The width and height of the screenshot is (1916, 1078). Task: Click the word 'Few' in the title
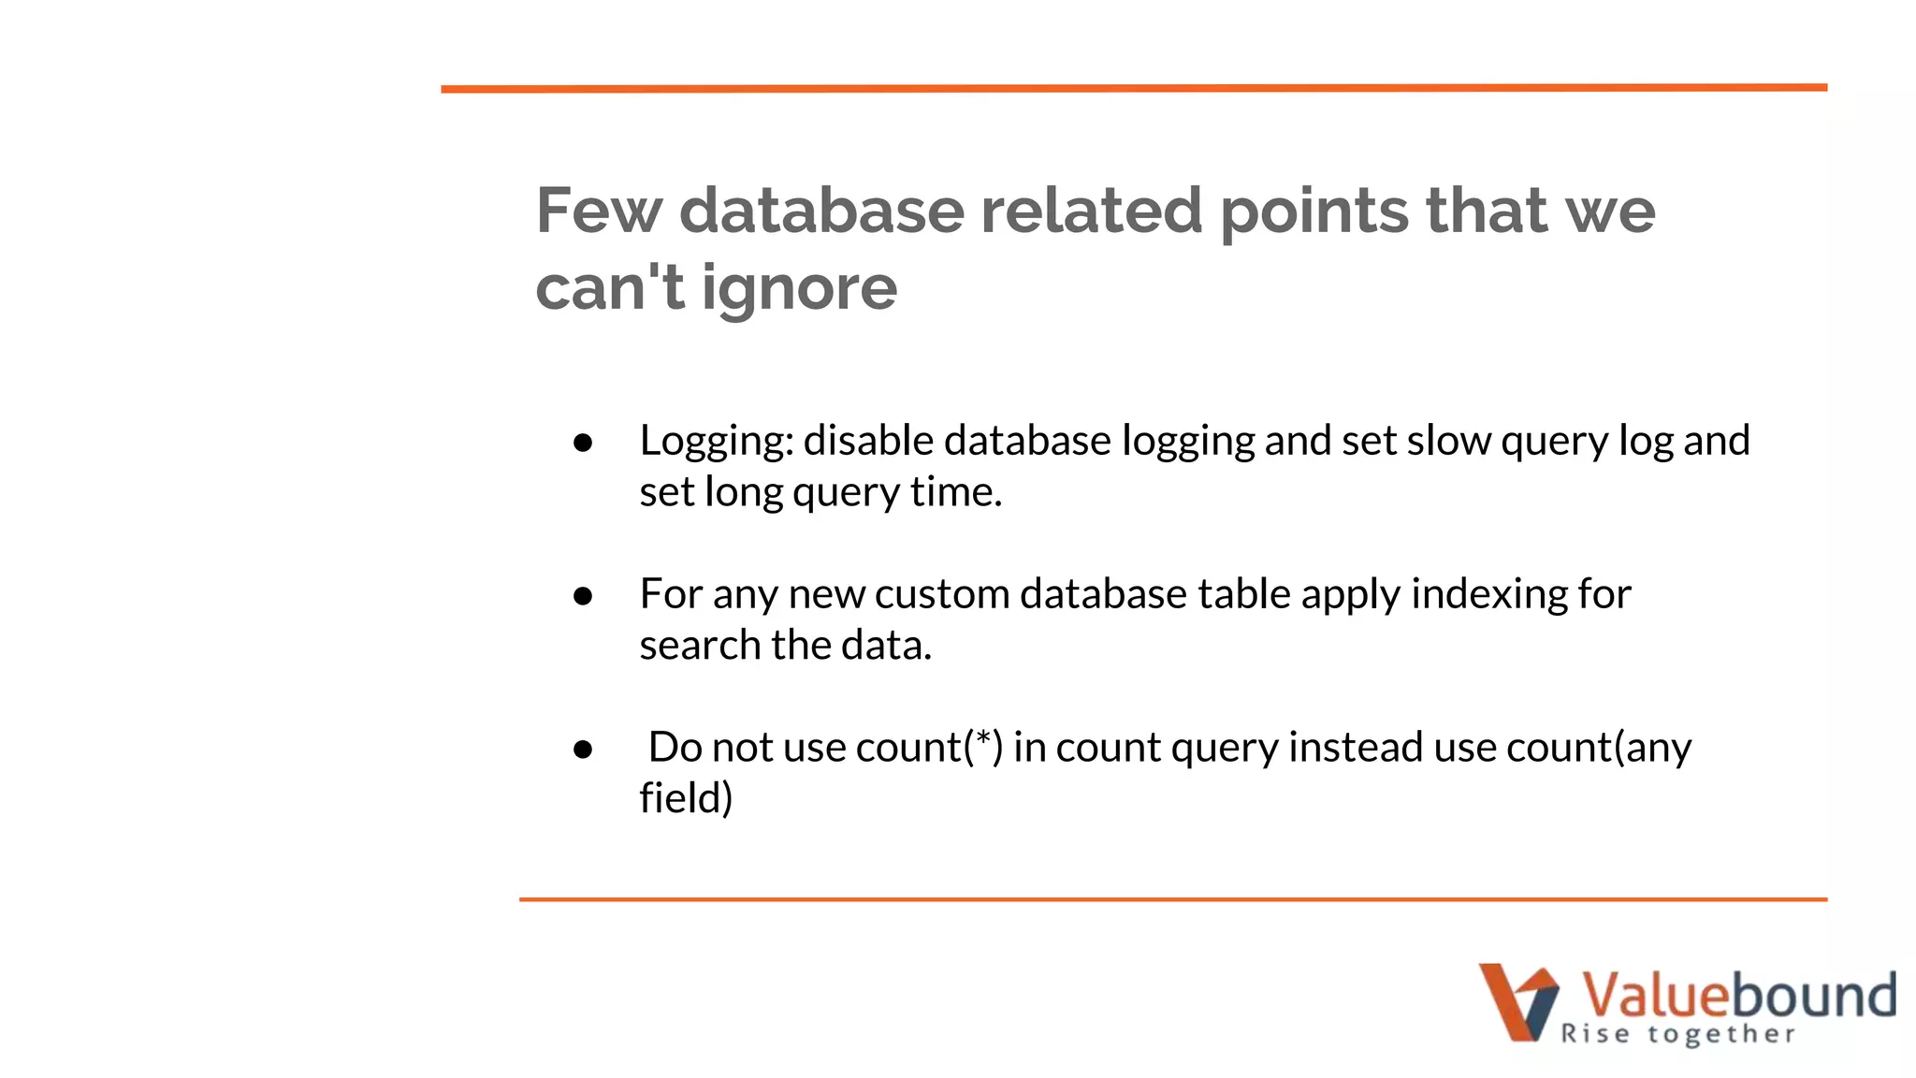[x=598, y=211]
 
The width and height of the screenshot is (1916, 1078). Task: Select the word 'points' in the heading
[x=1314, y=212]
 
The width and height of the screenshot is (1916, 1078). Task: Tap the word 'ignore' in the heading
[x=799, y=288]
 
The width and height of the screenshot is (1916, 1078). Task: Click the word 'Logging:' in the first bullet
[x=717, y=441]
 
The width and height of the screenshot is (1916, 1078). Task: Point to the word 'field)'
[x=686, y=799]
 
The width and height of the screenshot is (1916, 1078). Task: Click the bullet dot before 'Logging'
[x=583, y=443]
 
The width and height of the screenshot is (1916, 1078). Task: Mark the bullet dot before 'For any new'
[x=583, y=596]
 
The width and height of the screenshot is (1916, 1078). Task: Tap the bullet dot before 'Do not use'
[x=583, y=750]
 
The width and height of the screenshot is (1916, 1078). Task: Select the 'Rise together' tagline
[x=1678, y=1034]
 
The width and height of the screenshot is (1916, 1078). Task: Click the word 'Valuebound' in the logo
[x=1738, y=994]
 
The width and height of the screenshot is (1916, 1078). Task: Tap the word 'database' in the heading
[x=821, y=211]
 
